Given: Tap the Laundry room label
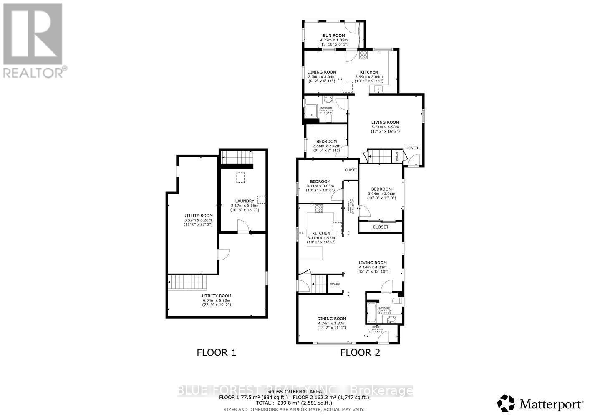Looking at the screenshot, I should click(x=245, y=201).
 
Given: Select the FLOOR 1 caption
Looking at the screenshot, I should click(x=216, y=352).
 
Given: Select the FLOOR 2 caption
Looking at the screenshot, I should click(x=360, y=352).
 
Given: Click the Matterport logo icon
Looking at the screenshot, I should click(x=506, y=403).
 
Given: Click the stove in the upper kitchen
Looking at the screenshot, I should click(x=363, y=54).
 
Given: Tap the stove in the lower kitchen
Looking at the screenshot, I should click(x=319, y=208).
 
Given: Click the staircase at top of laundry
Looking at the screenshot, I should click(x=237, y=158).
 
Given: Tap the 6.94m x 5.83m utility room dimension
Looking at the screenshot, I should click(x=217, y=301).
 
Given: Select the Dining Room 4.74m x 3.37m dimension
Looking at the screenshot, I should click(x=332, y=323).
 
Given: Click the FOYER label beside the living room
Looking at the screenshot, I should click(x=412, y=148).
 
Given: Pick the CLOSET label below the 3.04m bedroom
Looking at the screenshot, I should click(x=380, y=227).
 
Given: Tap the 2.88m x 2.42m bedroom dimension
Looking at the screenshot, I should click(x=326, y=146).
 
